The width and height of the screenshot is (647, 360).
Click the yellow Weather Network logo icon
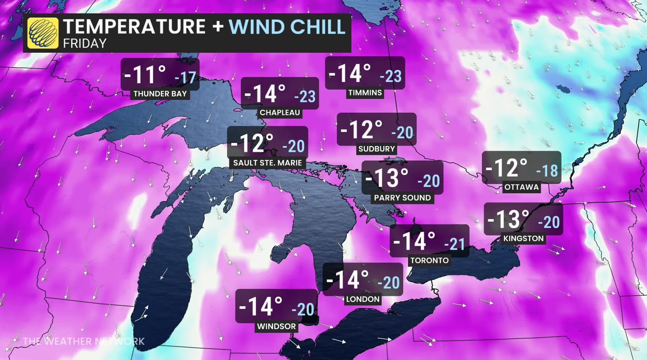coord(43,33)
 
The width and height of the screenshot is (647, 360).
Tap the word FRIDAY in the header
coord(85,44)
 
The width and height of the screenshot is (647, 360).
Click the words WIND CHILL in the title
coord(287,27)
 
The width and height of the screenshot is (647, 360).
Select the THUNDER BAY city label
coord(160,94)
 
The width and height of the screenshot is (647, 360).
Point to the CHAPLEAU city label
coord(280,113)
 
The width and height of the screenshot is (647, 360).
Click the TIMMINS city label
coord(365,93)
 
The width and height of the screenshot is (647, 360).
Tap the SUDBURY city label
coord(377,149)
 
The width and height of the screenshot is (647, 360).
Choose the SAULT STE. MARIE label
coord(268,163)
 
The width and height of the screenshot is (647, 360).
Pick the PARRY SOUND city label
coord(402,198)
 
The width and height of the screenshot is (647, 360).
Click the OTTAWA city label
coord(521,187)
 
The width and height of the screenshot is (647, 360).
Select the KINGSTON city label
coord(523,239)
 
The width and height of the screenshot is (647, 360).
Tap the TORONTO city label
coord(429,260)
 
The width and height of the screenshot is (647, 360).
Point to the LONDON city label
coord(363,299)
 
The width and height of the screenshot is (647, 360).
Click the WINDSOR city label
coord(276,326)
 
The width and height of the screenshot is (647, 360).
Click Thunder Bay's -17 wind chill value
coord(185,78)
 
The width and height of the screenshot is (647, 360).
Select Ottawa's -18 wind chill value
coord(547,170)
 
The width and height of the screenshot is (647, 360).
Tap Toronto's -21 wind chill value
coord(455,244)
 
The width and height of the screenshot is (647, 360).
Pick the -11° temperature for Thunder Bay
coord(145,75)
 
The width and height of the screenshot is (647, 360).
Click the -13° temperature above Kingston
coord(508,220)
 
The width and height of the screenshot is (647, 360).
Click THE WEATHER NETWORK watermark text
coord(84,341)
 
